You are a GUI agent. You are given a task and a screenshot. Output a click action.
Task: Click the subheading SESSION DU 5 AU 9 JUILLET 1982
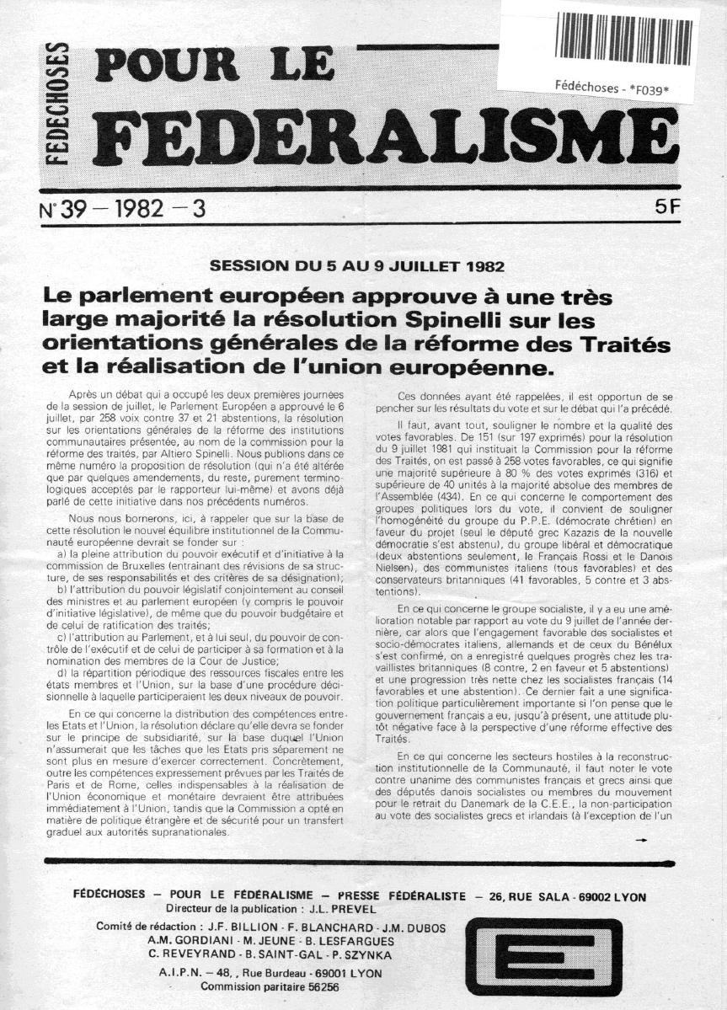(x=359, y=268)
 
